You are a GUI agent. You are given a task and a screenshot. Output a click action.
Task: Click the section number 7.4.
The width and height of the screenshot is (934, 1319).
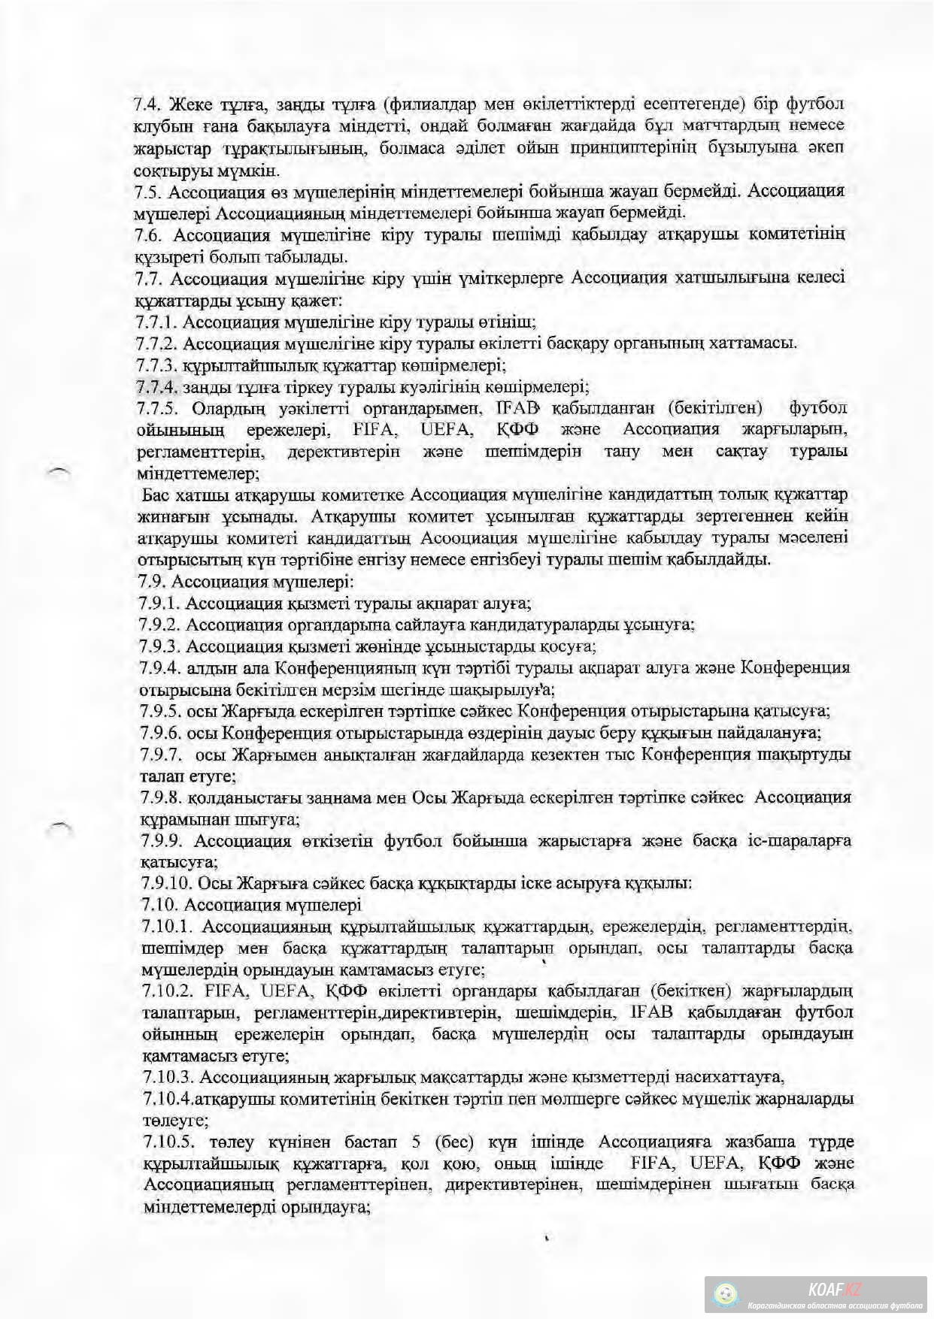pos(147,103)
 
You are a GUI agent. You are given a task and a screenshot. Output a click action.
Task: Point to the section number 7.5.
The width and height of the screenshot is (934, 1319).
pos(147,191)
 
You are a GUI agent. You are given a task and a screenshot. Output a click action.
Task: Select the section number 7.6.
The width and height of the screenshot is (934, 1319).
pos(147,234)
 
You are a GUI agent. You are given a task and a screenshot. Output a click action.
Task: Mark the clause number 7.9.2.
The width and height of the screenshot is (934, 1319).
pos(159,625)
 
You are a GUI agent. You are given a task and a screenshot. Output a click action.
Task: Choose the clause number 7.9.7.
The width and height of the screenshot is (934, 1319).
pos(159,754)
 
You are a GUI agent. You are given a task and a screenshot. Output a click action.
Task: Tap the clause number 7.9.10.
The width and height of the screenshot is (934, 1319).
pos(164,882)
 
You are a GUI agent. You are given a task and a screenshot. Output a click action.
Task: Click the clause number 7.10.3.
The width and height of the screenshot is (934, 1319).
pos(166,1078)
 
